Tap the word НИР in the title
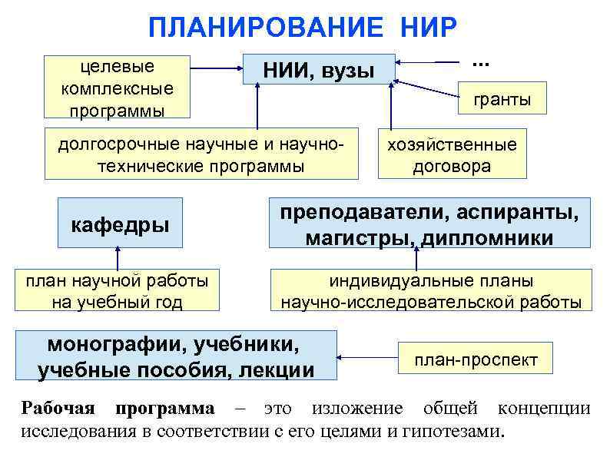coord(428,29)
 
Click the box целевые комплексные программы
coord(117,88)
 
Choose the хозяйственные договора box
coord(452,155)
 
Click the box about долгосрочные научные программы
coord(201,154)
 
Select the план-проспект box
coord(476,359)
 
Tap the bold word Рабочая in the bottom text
coord(58,408)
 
